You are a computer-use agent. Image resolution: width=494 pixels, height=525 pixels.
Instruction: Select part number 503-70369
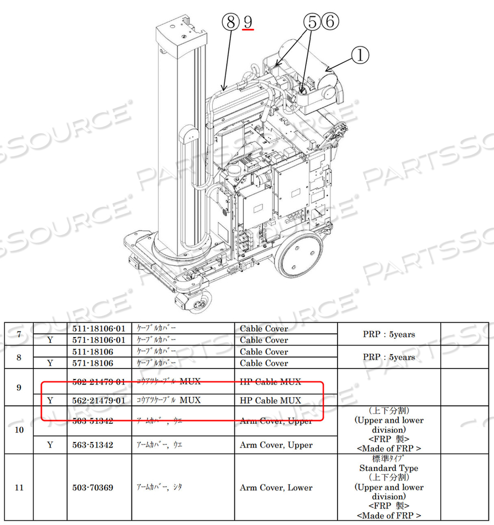pos(93,487)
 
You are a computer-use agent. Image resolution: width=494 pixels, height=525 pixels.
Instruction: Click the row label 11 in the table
pos(19,487)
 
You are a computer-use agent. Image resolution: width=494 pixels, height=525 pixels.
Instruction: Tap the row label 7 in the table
pos(19,334)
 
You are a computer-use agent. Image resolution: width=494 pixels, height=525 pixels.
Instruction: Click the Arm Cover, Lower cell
pos(276,487)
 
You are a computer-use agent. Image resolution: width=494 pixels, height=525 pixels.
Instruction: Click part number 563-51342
pos(93,445)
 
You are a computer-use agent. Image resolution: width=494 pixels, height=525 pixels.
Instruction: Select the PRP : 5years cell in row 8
pos(388,357)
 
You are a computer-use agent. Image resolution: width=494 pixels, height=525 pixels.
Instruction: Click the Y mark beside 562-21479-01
pos(50,400)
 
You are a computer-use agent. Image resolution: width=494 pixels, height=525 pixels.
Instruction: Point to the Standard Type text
pos(388,468)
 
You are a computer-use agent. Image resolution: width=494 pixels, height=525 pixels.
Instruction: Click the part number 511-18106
pos(93,351)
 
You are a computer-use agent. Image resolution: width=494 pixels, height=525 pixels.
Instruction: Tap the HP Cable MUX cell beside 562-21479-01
pos(270,400)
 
